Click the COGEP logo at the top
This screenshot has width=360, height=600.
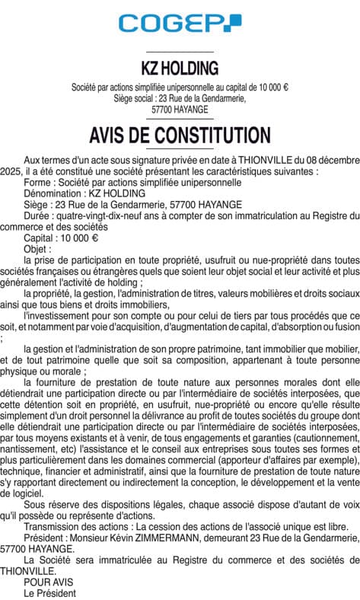[180, 24]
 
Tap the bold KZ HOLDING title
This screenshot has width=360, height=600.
[180, 69]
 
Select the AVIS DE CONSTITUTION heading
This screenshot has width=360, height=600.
[180, 136]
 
